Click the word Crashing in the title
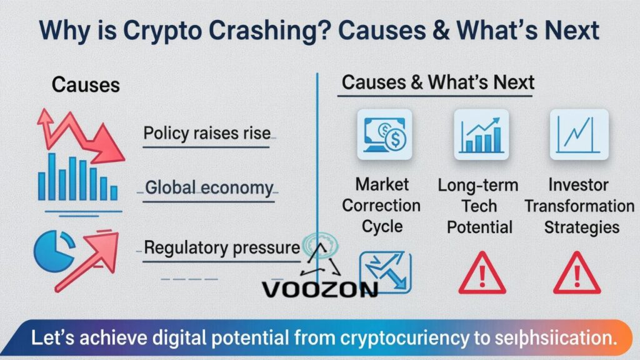click(262, 31)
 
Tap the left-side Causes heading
click(86, 85)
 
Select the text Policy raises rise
click(207, 133)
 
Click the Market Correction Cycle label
click(381, 205)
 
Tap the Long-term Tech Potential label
click(479, 206)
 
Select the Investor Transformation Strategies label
click(579, 206)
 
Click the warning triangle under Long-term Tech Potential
click(481, 274)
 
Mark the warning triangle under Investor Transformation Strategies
click(577, 274)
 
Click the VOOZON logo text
click(319, 289)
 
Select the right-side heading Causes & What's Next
click(438, 82)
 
